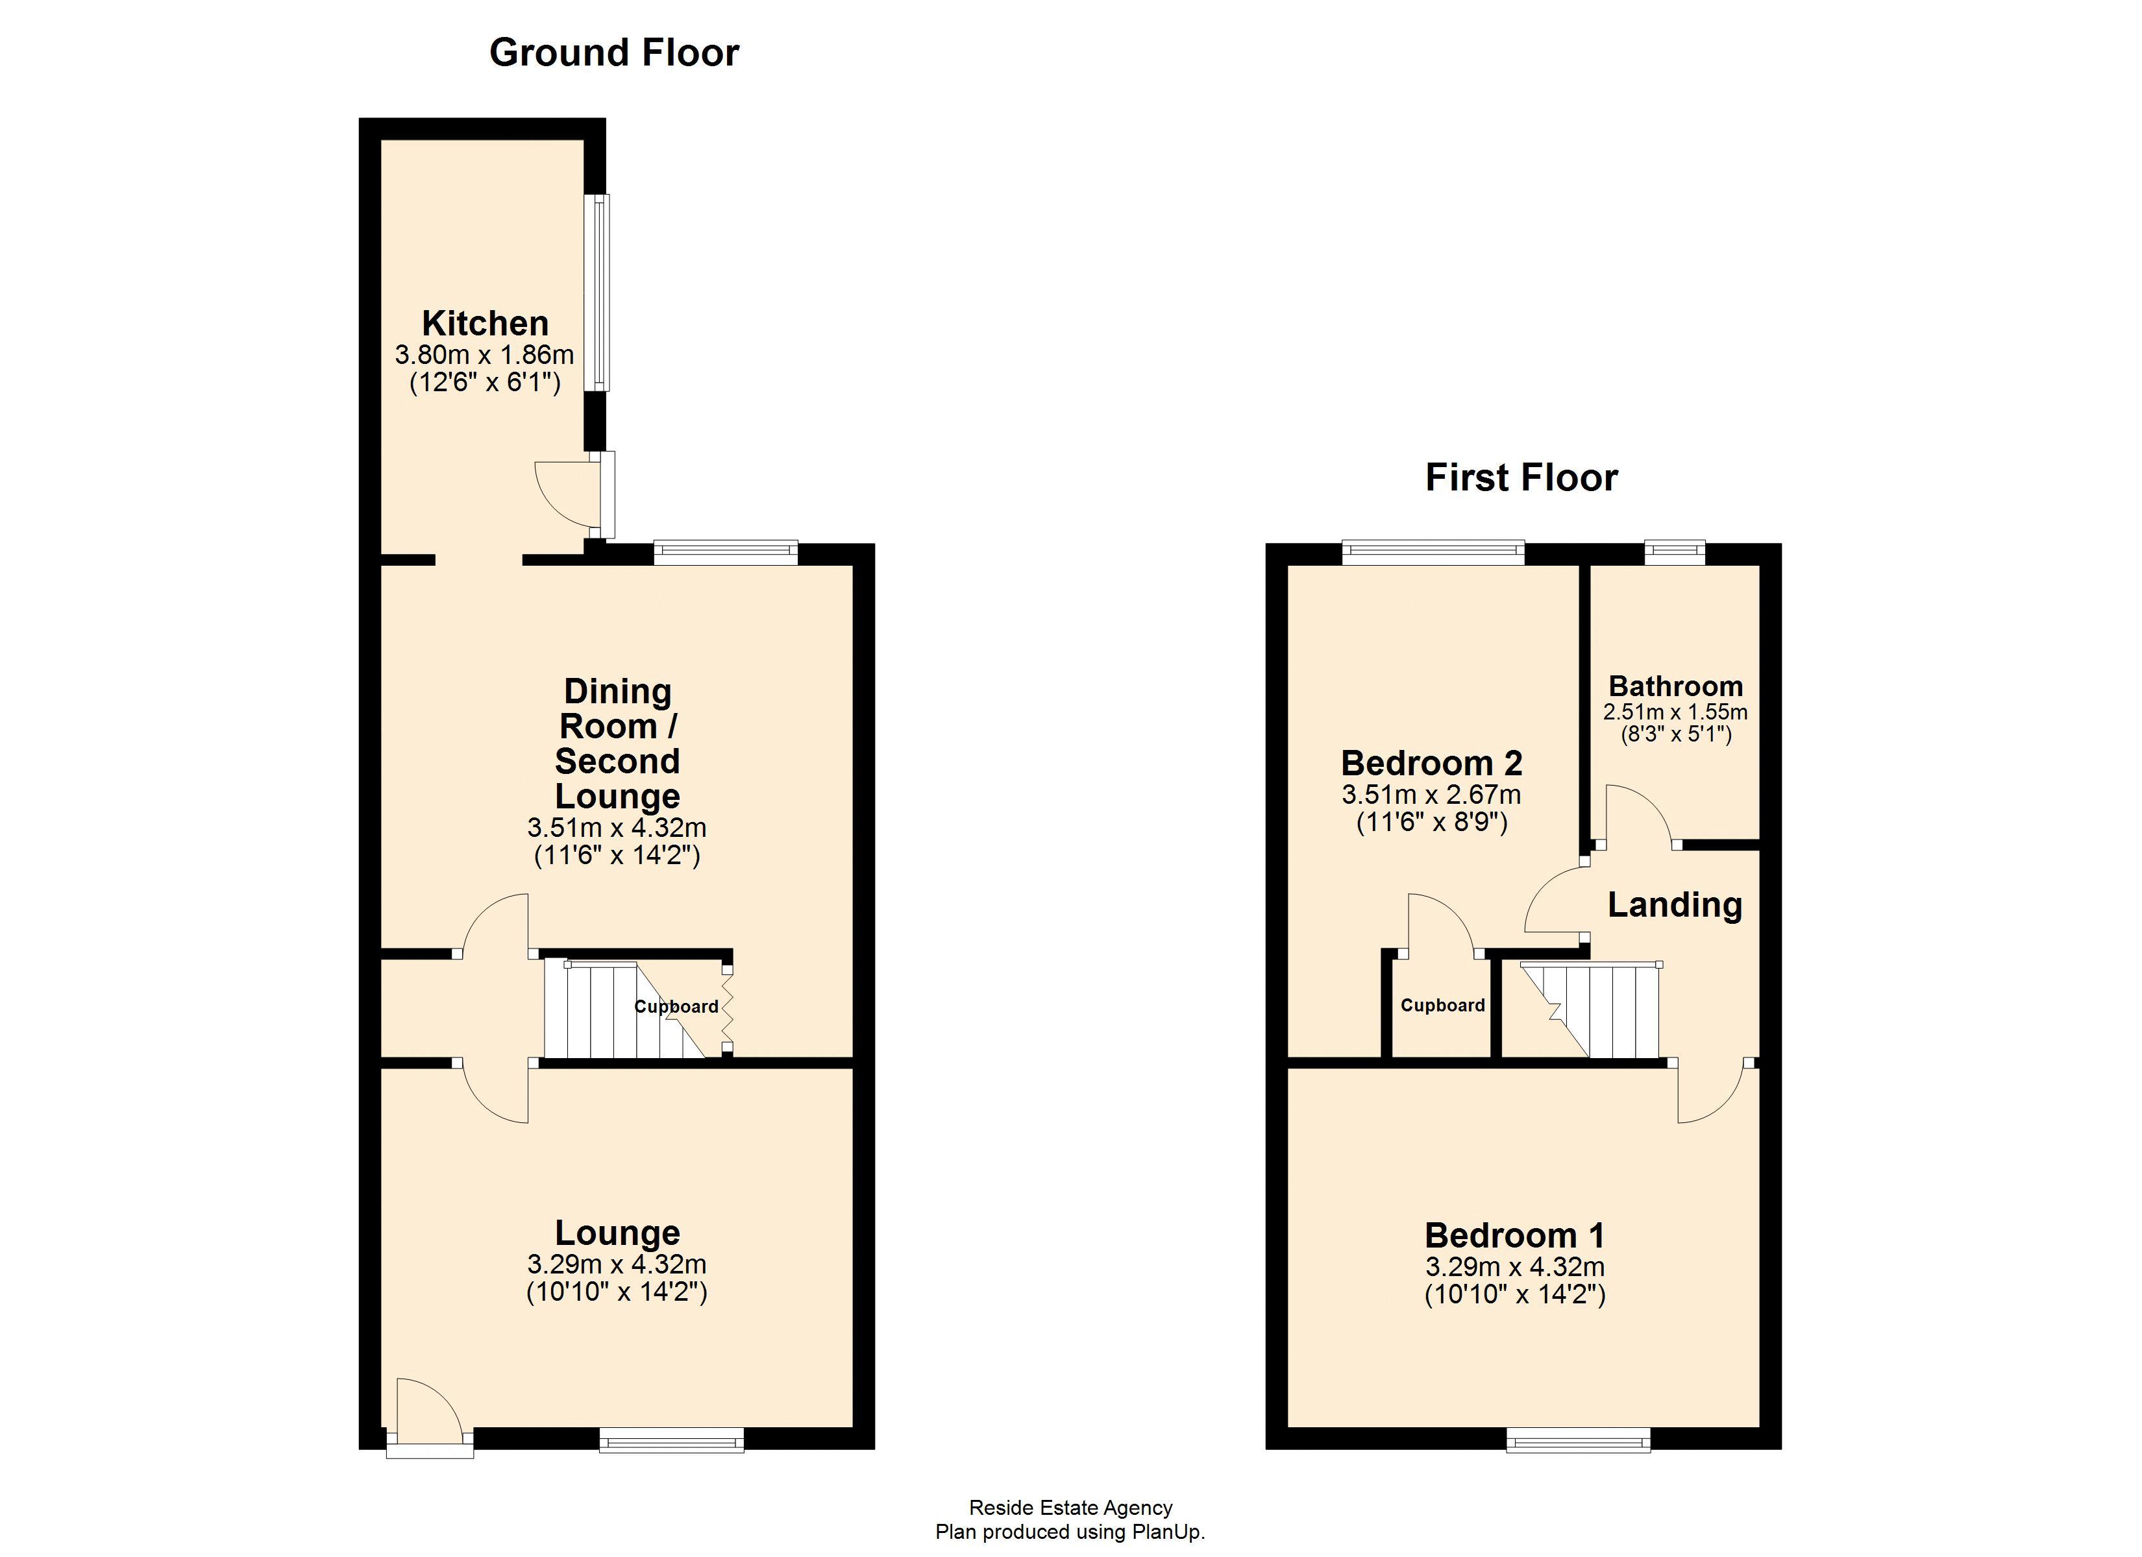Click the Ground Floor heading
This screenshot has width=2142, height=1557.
(614, 53)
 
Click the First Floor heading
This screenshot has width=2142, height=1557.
(1521, 477)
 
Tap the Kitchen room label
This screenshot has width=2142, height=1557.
(484, 324)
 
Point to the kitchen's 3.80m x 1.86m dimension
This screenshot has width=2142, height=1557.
(484, 355)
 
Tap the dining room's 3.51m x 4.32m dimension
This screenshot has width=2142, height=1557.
(617, 828)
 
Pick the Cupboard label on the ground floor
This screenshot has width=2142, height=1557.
(676, 1006)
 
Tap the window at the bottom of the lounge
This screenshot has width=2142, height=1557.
(672, 1439)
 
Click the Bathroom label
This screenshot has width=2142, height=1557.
(1675, 686)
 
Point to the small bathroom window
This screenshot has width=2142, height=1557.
(1675, 551)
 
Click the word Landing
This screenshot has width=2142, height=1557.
(1675, 904)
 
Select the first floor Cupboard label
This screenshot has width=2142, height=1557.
(1442, 1006)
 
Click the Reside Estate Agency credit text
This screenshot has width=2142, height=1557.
(1070, 1508)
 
